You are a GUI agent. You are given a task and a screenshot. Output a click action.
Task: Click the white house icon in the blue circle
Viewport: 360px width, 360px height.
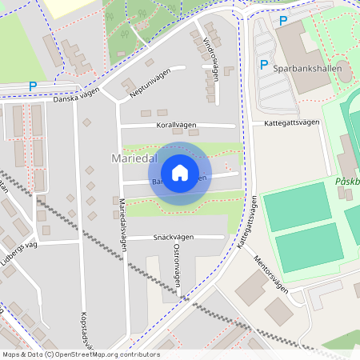pyautogui.click(x=180, y=173)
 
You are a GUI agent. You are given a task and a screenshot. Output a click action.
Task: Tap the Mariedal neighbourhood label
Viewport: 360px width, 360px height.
pyautogui.click(x=132, y=159)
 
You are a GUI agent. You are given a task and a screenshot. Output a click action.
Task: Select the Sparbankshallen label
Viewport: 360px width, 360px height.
pyautogui.click(x=313, y=69)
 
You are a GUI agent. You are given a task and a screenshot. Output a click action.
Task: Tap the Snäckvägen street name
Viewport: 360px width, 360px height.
pyautogui.click(x=173, y=238)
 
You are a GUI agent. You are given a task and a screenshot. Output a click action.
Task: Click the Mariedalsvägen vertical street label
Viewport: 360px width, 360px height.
pyautogui.click(x=123, y=224)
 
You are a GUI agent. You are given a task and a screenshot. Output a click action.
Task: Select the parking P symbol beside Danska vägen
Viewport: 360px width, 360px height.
pyautogui.click(x=33, y=86)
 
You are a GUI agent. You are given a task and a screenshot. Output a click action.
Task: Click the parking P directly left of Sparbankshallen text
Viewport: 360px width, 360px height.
pyautogui.click(x=263, y=66)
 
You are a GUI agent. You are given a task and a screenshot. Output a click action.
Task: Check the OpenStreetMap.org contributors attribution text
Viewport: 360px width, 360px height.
pyautogui.click(x=104, y=354)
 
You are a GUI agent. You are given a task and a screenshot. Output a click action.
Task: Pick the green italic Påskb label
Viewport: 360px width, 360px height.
pyautogui.click(x=346, y=182)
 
